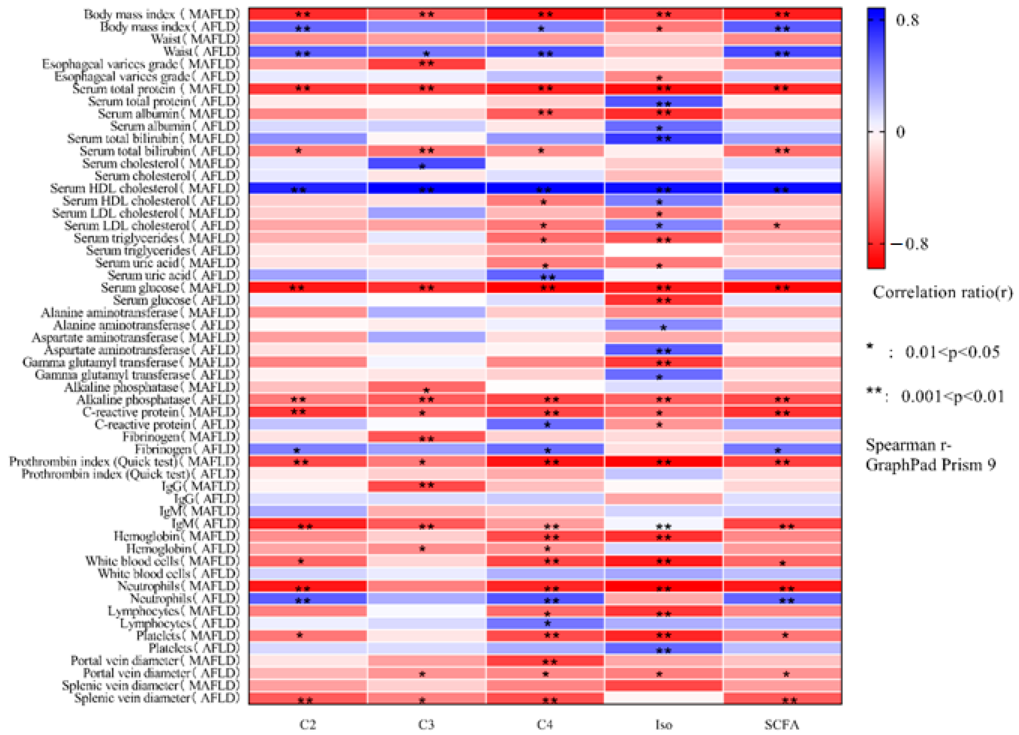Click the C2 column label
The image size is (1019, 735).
(x=308, y=724)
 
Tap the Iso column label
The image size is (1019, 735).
(x=663, y=724)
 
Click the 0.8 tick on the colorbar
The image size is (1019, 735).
(x=907, y=20)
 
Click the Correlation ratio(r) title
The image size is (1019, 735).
(x=942, y=293)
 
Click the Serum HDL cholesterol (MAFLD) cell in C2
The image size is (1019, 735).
(x=308, y=188)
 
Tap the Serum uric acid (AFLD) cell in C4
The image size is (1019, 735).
(x=545, y=275)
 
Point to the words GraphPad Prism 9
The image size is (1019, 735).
(x=930, y=465)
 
